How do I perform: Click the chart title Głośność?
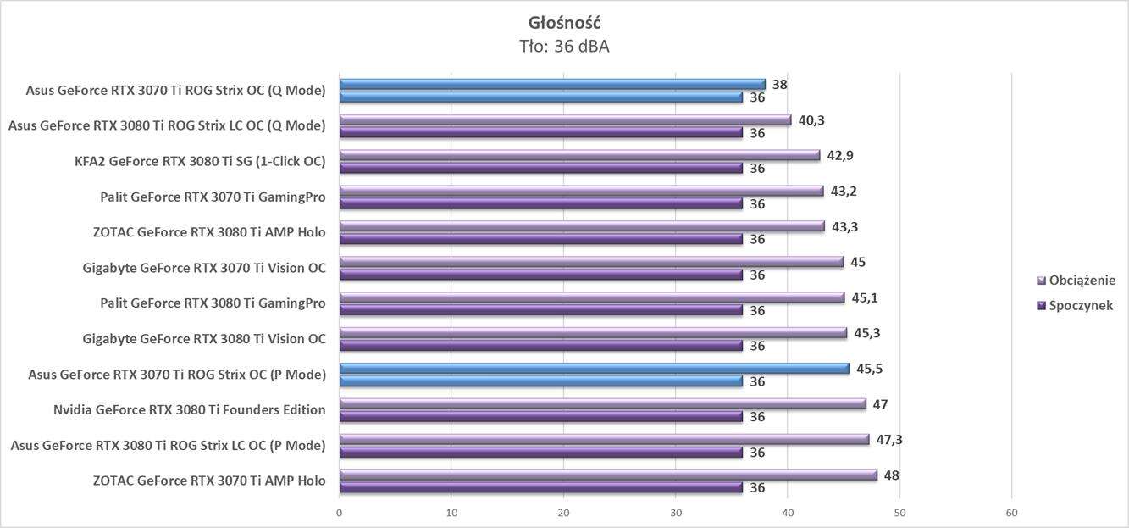pos(564,23)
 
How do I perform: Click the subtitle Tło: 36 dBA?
pos(564,47)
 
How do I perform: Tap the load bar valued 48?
pos(607,475)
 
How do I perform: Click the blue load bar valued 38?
pos(551,84)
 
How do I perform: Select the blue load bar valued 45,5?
pos(594,369)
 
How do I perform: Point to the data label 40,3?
pos(811,120)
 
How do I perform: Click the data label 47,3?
pos(889,439)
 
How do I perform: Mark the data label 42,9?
pos(840,156)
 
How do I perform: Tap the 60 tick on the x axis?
pos(1011,513)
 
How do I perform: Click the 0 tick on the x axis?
pos(339,513)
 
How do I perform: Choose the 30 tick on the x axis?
pos(675,513)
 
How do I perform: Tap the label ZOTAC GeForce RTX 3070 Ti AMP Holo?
pos(209,481)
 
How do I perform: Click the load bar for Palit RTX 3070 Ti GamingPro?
pos(581,191)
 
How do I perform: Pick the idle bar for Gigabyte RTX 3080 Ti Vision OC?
pos(540,345)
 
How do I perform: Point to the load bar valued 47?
pos(602,404)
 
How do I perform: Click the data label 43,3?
pos(844,227)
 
